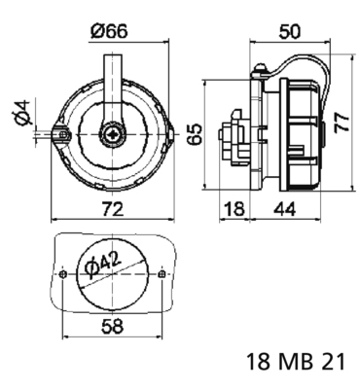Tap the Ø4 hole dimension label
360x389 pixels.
(x=26, y=115)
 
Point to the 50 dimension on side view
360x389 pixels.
(x=290, y=29)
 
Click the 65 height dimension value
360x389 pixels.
(x=195, y=132)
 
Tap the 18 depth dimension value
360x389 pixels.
(x=234, y=206)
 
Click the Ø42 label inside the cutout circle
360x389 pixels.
(x=102, y=264)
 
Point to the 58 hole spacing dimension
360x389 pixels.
(x=113, y=325)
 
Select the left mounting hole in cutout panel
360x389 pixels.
(x=63, y=275)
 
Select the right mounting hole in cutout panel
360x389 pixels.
(x=162, y=275)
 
